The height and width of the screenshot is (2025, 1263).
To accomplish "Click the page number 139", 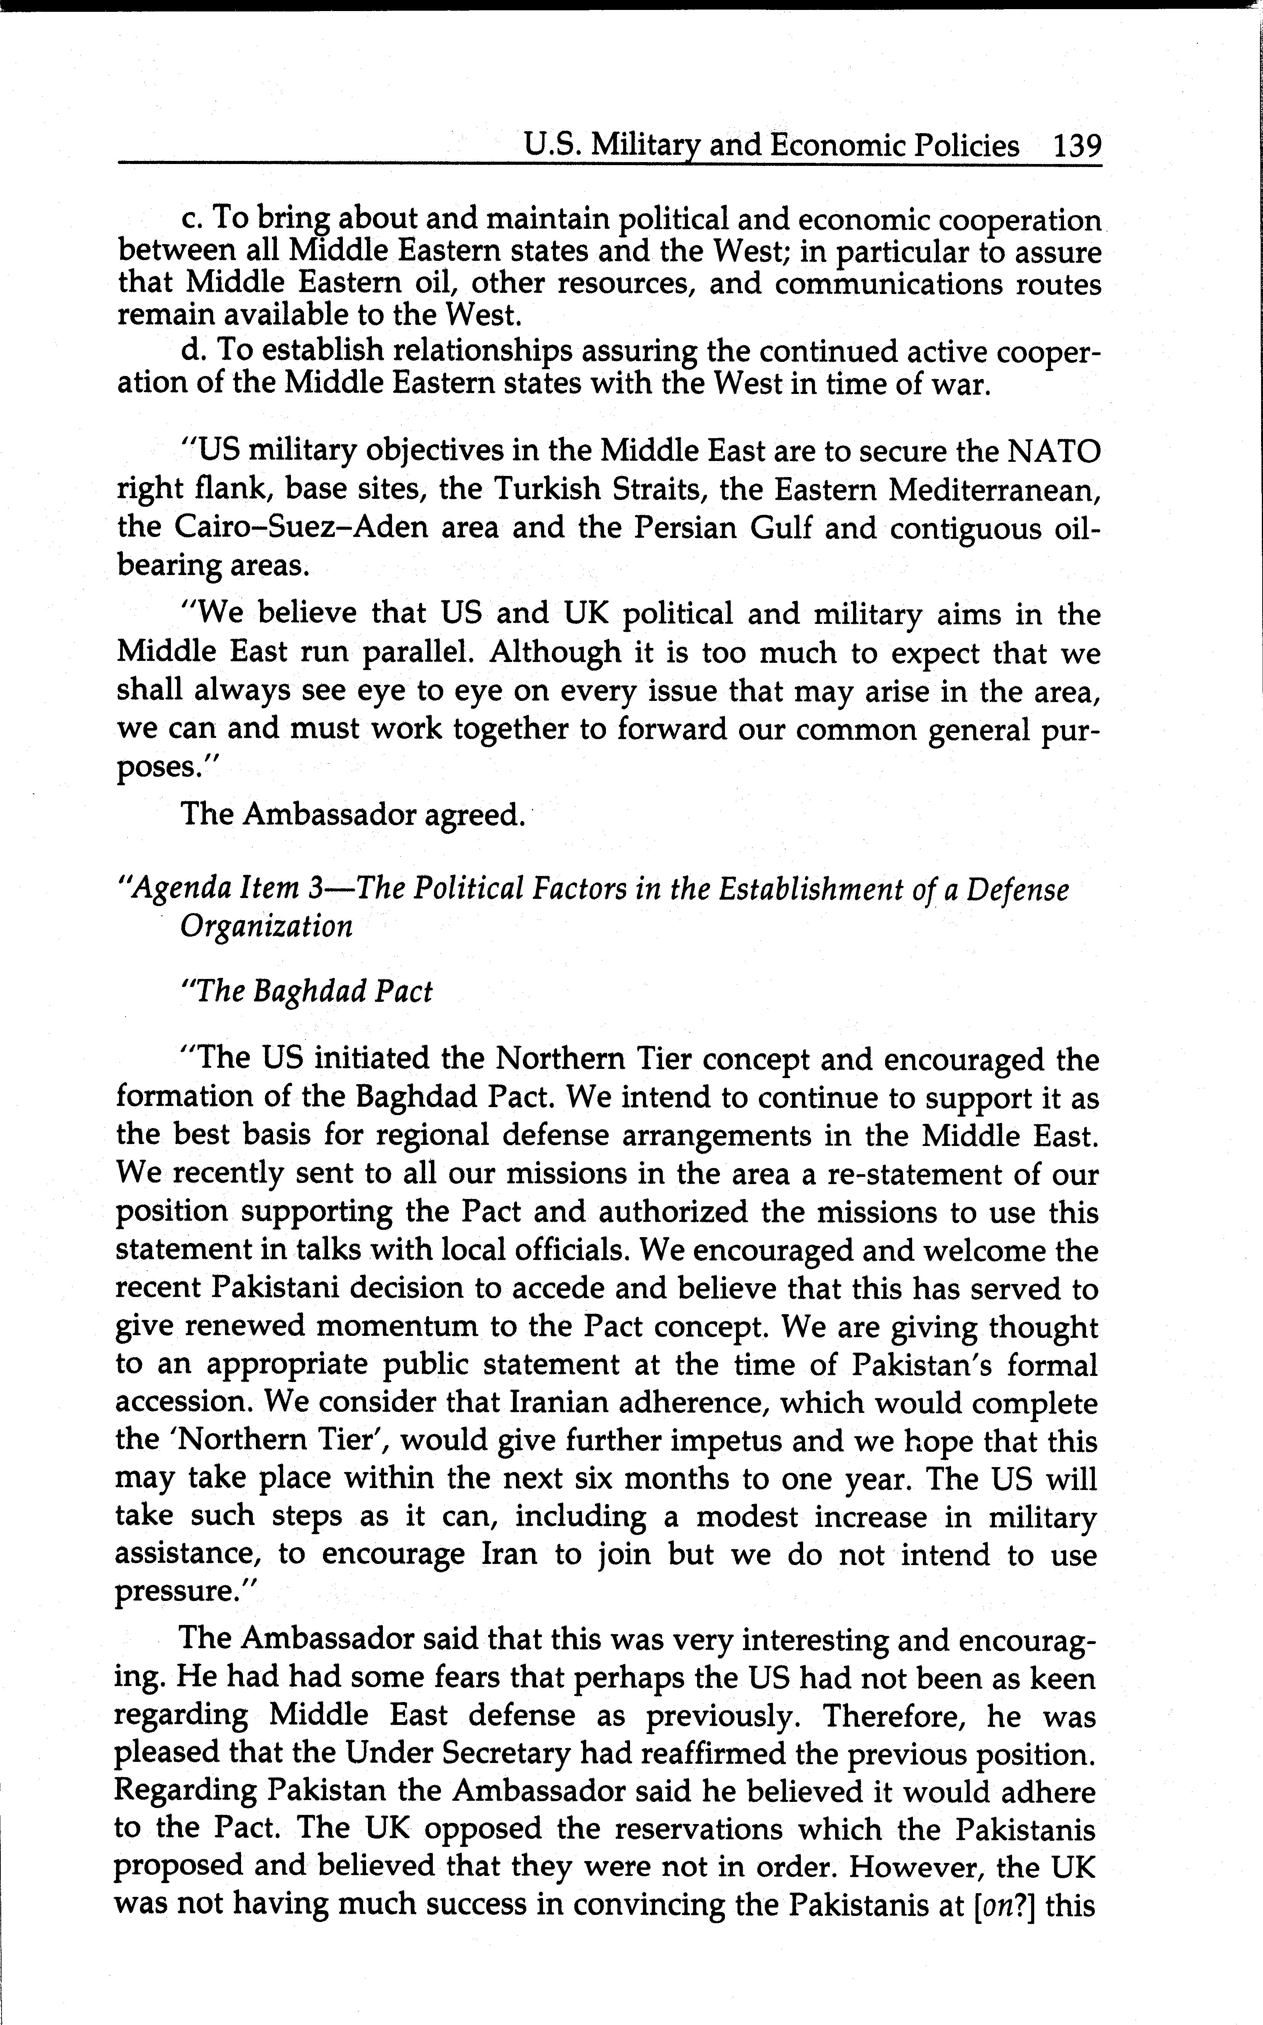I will point(1078,146).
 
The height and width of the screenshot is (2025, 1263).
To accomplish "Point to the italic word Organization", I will point(266,926).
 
